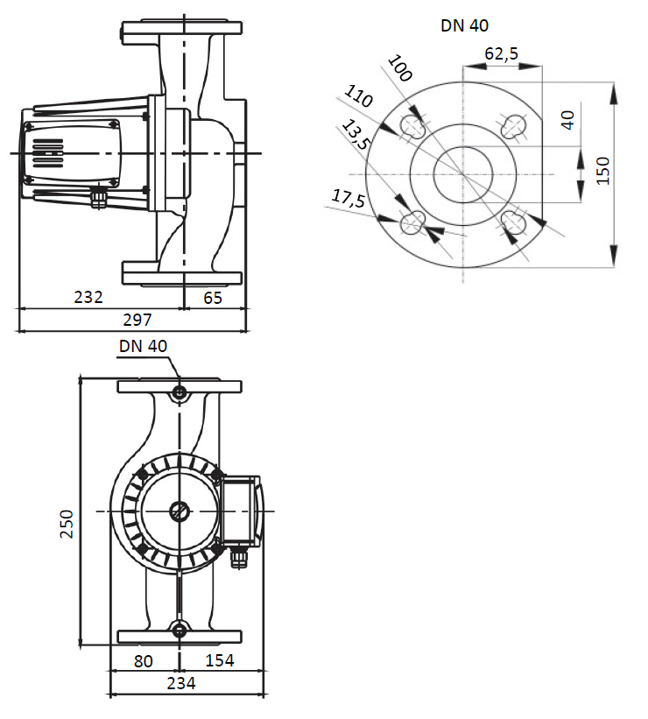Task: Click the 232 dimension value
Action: point(88,298)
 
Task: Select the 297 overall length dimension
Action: point(137,321)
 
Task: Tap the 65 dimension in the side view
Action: point(213,298)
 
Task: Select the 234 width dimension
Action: point(182,683)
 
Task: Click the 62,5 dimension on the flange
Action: point(501,54)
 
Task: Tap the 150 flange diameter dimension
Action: point(603,172)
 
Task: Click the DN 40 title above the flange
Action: point(464,25)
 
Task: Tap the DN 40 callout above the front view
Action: point(143,346)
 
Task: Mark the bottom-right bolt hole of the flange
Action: point(514,222)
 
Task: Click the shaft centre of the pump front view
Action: point(180,511)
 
